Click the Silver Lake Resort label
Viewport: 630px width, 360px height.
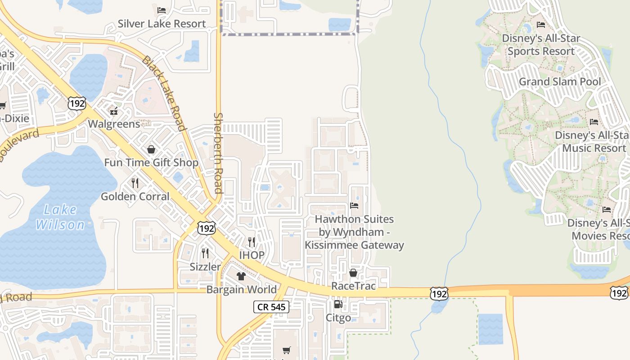point(162,24)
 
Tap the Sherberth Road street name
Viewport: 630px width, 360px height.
point(219,153)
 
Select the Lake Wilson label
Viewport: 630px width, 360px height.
point(60,217)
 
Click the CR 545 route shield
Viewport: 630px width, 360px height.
point(271,307)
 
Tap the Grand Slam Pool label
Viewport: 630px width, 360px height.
point(560,82)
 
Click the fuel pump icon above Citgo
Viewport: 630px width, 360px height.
point(338,305)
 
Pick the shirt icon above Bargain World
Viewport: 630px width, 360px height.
point(241,276)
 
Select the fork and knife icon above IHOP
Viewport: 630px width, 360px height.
point(252,242)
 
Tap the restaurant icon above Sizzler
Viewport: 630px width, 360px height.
point(205,253)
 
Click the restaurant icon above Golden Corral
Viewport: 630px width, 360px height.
point(135,183)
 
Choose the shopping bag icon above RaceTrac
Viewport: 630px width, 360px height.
point(353,273)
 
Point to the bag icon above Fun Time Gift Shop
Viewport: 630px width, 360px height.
point(151,149)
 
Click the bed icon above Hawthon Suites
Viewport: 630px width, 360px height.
point(354,206)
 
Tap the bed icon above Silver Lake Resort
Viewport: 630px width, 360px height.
point(162,10)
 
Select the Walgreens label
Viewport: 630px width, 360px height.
point(114,124)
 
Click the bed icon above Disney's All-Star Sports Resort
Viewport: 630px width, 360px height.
point(541,25)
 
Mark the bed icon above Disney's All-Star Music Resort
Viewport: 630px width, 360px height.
point(594,121)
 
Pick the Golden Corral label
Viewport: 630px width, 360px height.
point(135,197)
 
